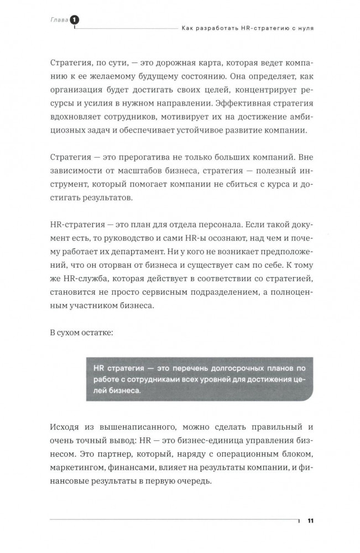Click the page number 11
click(310, 520)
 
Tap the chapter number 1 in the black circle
click(74, 20)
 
